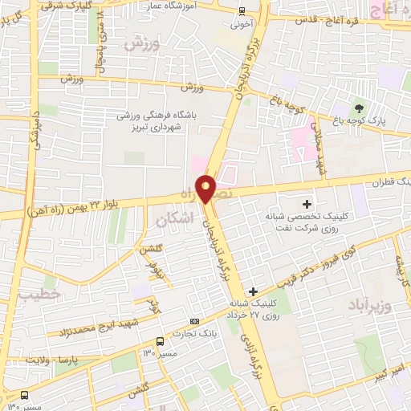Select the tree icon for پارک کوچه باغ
pos(359,108)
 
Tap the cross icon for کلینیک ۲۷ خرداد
pos(254,291)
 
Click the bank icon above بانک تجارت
pos(195,321)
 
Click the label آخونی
pos(242,23)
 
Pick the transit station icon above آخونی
pos(242,10)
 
